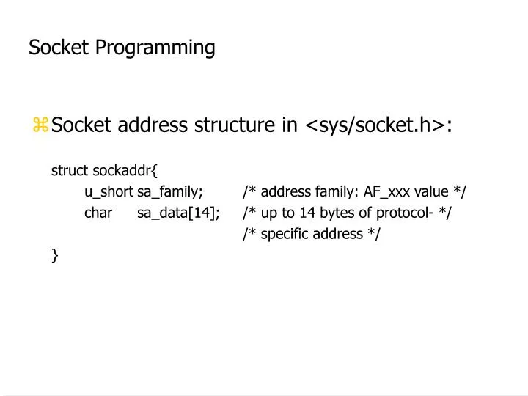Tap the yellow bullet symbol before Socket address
click(x=40, y=125)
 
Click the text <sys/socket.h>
click(x=374, y=125)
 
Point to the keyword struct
click(x=70, y=171)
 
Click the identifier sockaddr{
click(x=125, y=171)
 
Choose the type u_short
click(x=109, y=192)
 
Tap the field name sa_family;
click(x=170, y=192)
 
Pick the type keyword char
click(x=98, y=213)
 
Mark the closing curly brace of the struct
click(x=55, y=254)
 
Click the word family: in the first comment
click(x=336, y=192)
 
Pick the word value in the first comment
click(x=431, y=192)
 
